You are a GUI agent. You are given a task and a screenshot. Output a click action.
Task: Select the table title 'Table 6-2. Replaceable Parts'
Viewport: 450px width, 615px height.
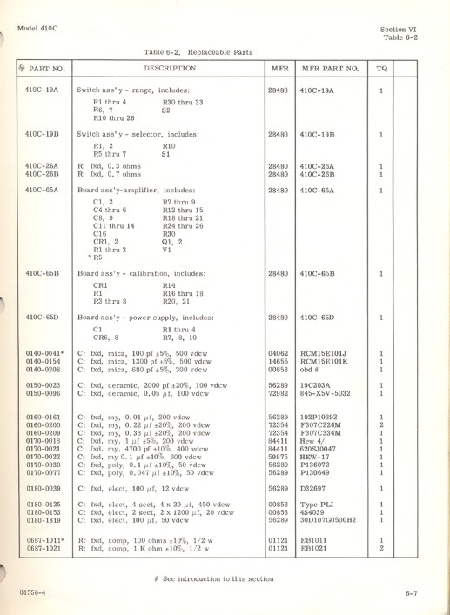[198, 51]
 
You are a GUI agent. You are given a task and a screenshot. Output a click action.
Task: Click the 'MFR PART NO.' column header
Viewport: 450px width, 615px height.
[330, 67]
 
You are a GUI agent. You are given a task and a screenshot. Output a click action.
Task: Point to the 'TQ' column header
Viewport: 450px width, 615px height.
[381, 67]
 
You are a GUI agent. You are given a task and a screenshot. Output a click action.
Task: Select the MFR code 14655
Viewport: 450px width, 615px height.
[279, 361]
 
